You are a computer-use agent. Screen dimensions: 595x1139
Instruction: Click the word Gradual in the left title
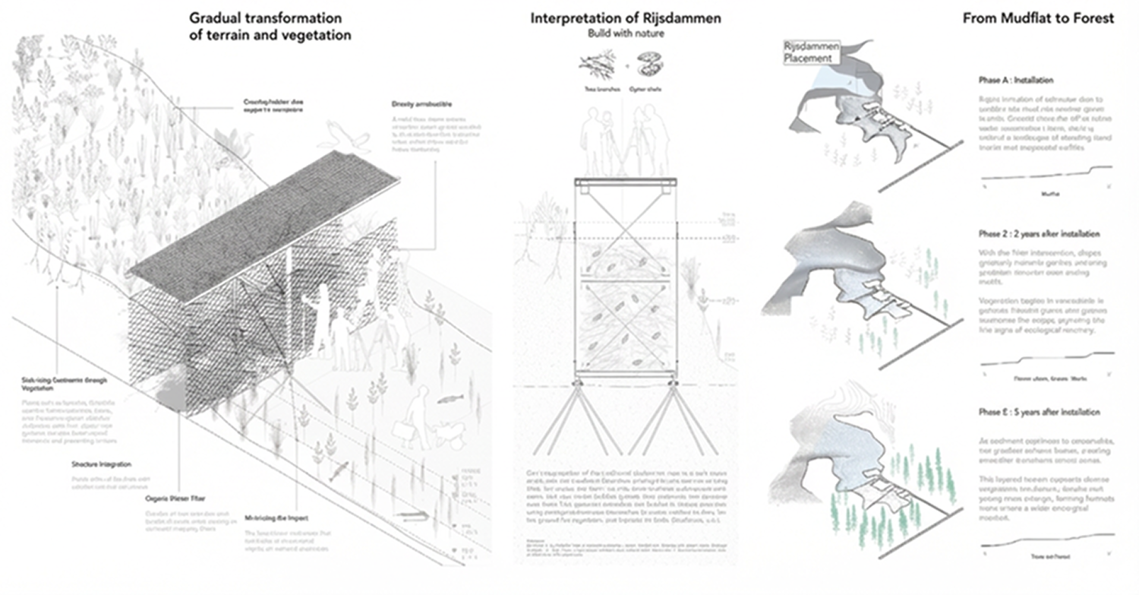(219, 18)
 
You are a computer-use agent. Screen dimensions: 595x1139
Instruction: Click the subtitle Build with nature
(625, 34)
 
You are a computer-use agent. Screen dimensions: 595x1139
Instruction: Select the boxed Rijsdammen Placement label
(811, 52)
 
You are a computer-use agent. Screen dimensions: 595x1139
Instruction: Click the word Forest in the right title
(1092, 18)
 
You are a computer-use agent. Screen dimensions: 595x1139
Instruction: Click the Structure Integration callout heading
(101, 464)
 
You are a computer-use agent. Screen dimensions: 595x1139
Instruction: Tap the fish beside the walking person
(448, 399)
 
